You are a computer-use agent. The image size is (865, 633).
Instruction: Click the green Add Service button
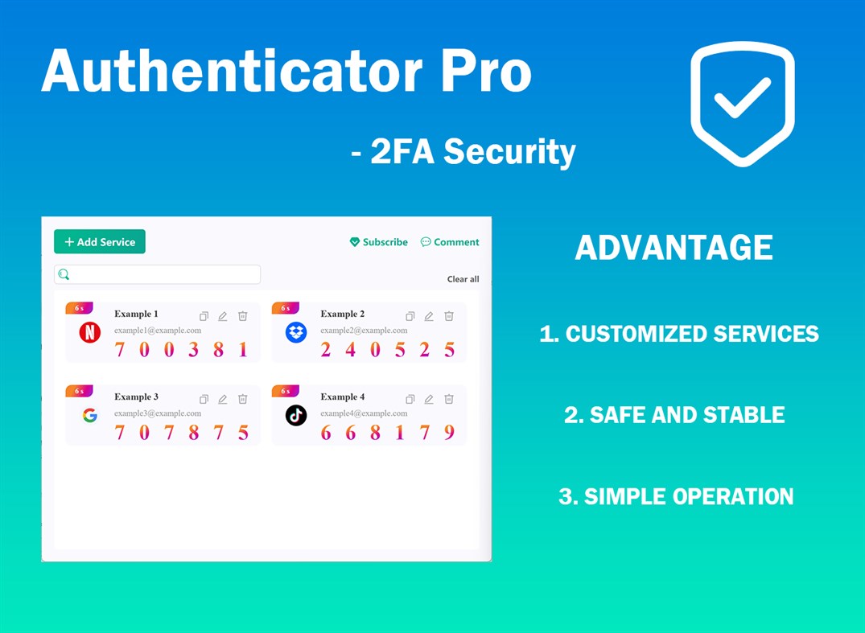click(x=99, y=241)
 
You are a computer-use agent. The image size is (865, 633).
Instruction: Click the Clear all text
click(x=463, y=279)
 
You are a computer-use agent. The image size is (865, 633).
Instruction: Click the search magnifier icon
click(x=64, y=274)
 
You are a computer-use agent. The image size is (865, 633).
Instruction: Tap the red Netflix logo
click(x=90, y=332)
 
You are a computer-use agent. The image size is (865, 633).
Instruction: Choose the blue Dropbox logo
click(x=296, y=332)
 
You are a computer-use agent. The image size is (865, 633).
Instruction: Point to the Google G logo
click(x=90, y=415)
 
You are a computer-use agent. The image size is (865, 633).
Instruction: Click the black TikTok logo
click(x=296, y=415)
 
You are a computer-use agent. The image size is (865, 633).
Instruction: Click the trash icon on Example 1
click(x=243, y=316)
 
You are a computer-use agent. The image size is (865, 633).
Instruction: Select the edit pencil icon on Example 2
click(x=429, y=316)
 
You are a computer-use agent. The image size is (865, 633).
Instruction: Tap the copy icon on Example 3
click(x=204, y=399)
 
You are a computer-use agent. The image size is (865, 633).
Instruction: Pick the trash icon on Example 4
click(x=449, y=399)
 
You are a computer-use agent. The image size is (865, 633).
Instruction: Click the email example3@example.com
click(x=158, y=413)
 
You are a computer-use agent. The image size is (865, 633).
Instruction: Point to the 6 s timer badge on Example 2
click(x=285, y=308)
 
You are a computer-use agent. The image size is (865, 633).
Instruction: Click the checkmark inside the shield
click(x=743, y=97)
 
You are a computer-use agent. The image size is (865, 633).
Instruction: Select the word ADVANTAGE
click(x=673, y=247)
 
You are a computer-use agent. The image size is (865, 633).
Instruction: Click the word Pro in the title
click(x=486, y=71)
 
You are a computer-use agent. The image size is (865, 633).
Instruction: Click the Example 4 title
click(x=343, y=397)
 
